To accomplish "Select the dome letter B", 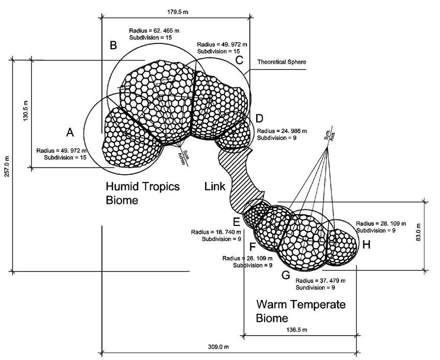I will coord(113,46).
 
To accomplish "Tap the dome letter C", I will coord(239,60).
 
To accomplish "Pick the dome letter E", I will coord(237,222).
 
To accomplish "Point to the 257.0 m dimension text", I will coord(7,166).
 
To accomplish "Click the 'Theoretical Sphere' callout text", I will coord(282,62).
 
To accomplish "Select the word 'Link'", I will coord(215,186).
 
